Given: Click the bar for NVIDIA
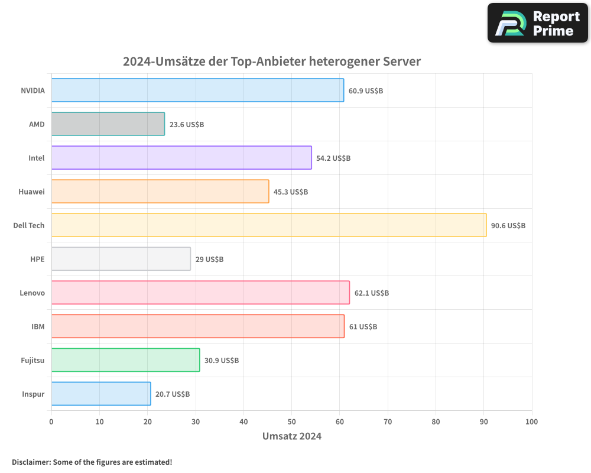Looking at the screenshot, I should point(197,90).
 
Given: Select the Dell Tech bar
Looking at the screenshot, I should point(269,225).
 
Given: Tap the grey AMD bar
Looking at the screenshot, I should point(108,124).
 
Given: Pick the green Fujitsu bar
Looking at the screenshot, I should point(125,360).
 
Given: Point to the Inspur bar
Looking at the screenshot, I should point(101,394).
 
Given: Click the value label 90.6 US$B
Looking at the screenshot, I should point(508,226).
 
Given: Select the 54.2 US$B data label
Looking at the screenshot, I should point(333,158).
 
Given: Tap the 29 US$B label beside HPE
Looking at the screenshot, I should point(209,260).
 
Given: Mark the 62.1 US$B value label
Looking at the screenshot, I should point(372,293).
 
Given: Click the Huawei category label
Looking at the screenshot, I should point(32,192).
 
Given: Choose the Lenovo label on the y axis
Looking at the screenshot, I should point(32,293).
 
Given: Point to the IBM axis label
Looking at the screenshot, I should point(38,326).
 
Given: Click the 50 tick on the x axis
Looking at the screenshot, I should point(291,422).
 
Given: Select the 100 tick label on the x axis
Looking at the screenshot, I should point(531,422).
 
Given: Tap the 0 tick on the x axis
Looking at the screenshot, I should point(51,422).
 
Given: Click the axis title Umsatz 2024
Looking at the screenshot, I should point(292,437).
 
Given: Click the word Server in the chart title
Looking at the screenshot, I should point(401,61).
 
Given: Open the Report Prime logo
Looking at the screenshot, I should point(537,23).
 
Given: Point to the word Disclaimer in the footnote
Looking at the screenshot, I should point(30,462).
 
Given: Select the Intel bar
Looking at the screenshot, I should point(181,158).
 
